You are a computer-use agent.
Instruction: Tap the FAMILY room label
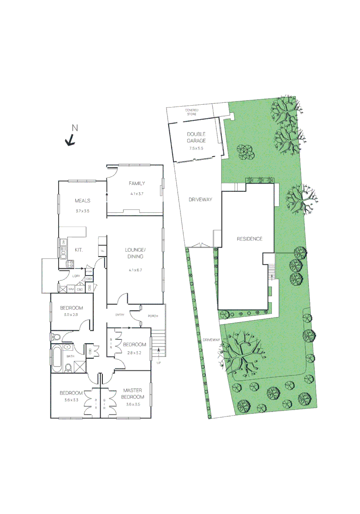click(137, 184)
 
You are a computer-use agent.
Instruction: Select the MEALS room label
click(82, 200)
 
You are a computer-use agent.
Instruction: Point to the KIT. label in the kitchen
click(79, 249)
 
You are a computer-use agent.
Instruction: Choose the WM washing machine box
click(70, 289)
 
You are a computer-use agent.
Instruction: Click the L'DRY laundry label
click(76, 276)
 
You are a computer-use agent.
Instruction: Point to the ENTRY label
click(120, 315)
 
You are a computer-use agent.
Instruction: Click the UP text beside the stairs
click(159, 363)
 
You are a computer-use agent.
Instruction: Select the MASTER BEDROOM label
click(132, 394)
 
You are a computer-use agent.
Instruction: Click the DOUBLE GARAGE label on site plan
click(196, 138)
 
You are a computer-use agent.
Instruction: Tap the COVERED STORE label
click(192, 112)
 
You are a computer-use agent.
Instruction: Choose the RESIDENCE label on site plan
click(250, 239)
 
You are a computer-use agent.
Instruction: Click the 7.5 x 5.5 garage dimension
click(196, 148)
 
